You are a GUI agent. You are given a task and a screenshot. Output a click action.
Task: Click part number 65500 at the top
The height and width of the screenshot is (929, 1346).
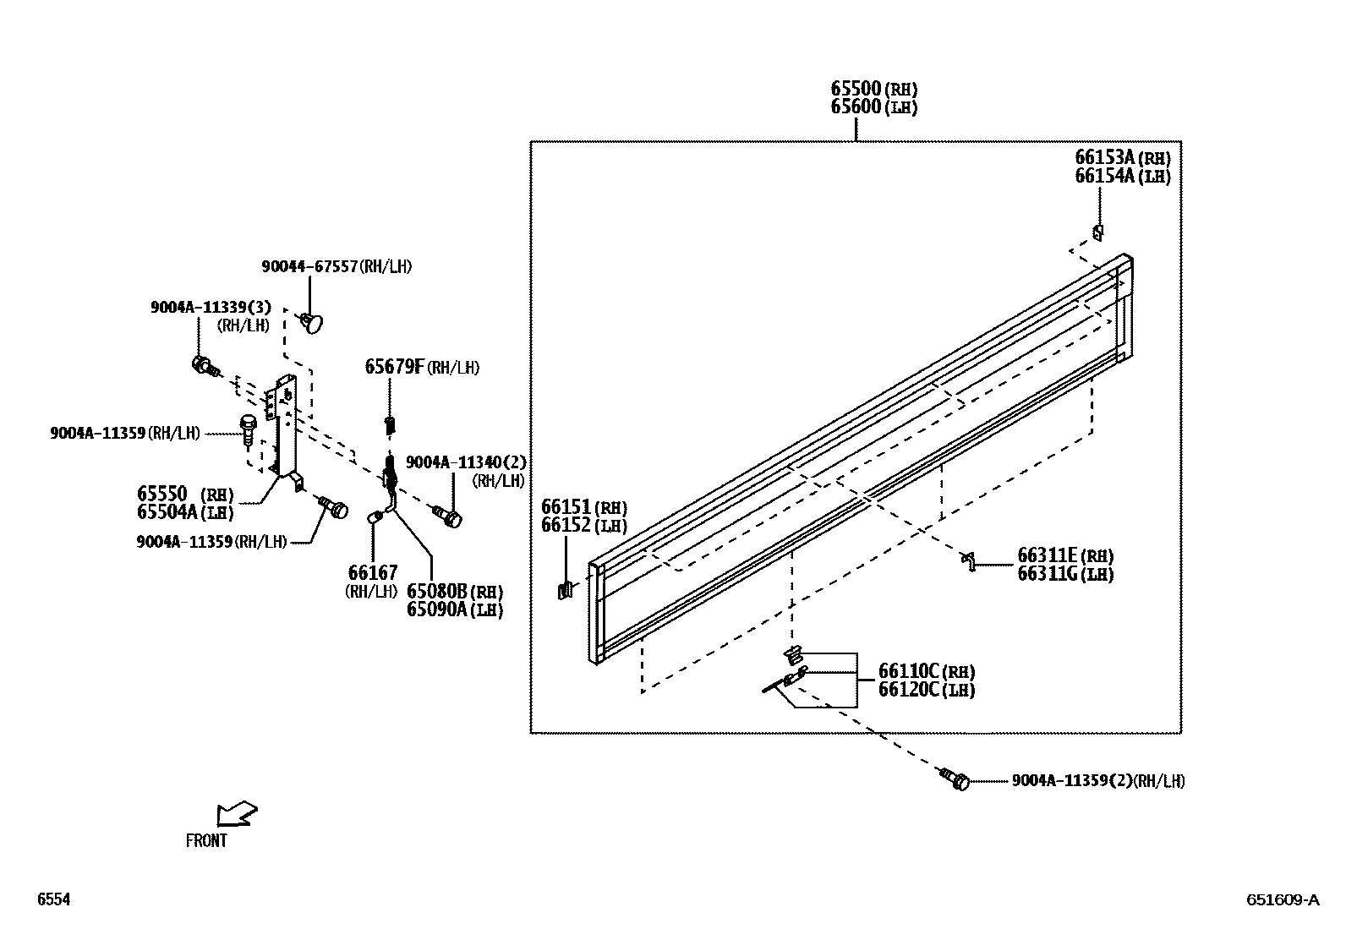coord(856,89)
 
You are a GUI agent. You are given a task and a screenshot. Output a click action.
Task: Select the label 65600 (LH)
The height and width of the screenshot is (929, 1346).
coord(856,107)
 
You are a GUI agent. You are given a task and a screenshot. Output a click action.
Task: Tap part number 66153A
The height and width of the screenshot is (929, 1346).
coord(1104,157)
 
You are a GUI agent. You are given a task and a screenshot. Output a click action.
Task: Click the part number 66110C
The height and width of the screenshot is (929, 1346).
coord(909,671)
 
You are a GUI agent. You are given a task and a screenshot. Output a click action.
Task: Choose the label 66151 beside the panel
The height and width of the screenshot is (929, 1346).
coord(566,506)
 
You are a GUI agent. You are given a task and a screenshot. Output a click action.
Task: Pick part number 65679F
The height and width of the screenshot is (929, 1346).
coord(394,367)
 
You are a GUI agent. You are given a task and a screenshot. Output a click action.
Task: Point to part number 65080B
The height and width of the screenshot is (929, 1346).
coord(437,591)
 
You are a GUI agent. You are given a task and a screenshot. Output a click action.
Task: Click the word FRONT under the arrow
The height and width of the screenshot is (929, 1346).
coord(206,841)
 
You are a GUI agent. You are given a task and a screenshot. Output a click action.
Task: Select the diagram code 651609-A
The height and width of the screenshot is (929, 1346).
coord(1282,900)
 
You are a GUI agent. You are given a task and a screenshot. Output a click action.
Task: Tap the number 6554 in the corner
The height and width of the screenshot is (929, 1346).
coord(53,900)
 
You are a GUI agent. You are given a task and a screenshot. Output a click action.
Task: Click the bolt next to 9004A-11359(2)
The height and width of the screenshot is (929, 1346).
coord(955,779)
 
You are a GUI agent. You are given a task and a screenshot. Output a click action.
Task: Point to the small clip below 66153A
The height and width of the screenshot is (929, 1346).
coord(1098,232)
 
